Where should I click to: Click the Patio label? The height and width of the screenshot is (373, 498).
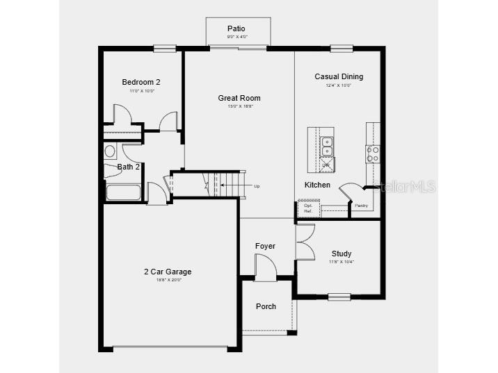click(236, 28)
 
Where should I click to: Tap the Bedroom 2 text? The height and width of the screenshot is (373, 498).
click(141, 82)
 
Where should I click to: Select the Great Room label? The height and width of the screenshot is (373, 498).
click(239, 99)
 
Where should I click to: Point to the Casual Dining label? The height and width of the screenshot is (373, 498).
click(339, 77)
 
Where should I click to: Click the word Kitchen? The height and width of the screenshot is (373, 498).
click(317, 185)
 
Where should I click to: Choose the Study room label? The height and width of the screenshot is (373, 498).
click(341, 254)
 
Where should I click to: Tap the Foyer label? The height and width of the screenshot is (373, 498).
click(265, 246)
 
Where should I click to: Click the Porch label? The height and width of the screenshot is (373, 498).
click(266, 306)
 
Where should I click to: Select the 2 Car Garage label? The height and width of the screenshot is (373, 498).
click(168, 272)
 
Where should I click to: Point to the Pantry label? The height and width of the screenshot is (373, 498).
click(361, 206)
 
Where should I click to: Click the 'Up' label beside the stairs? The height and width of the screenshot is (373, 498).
click(257, 186)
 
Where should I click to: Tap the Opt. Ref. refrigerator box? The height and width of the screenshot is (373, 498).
click(308, 208)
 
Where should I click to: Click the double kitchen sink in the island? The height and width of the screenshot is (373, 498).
click(327, 147)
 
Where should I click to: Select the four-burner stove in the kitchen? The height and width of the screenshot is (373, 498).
click(373, 154)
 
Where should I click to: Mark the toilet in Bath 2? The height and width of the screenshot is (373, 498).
click(111, 151)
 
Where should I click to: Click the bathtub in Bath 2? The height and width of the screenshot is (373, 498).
click(123, 192)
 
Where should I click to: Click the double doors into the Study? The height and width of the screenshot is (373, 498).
click(304, 241)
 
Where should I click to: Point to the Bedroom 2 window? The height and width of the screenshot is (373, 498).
click(165, 49)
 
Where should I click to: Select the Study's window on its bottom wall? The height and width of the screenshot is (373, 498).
click(339, 297)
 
